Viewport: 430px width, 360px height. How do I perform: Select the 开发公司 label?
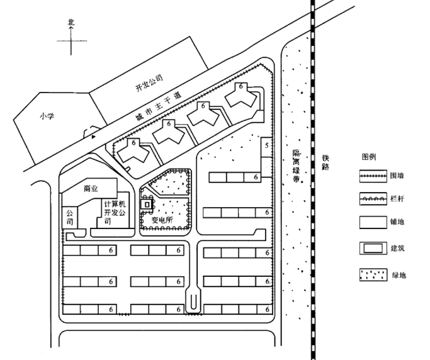coord(149,83)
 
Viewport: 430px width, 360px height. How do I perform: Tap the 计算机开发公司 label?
coord(115,213)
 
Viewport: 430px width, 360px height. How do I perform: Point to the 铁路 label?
coord(325,164)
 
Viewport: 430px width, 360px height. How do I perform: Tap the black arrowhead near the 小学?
coord(94,135)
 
